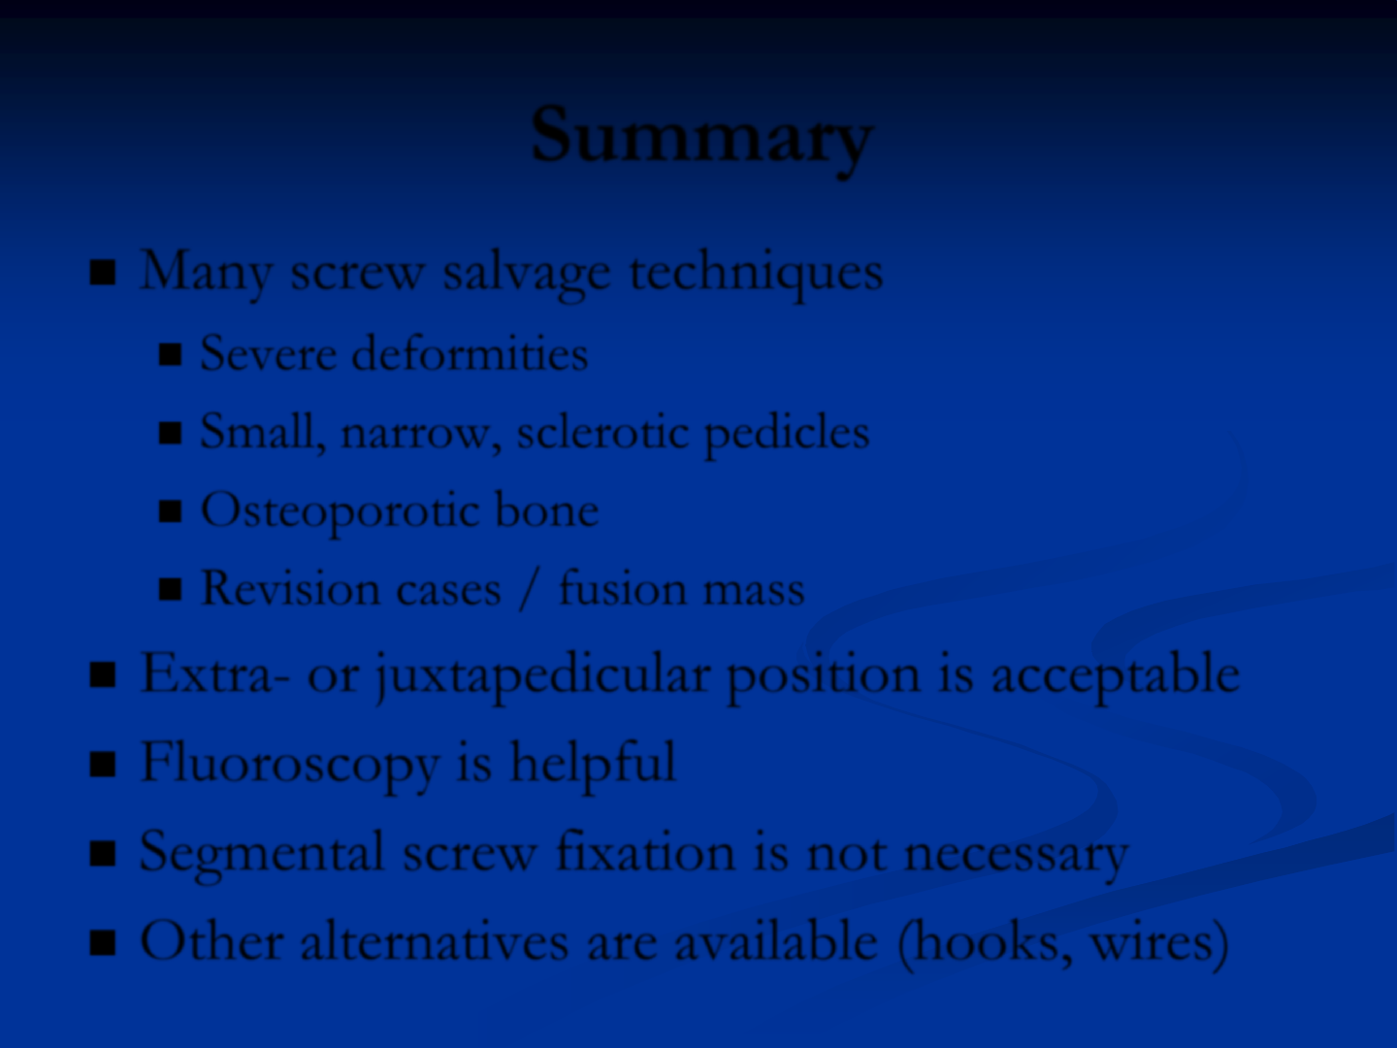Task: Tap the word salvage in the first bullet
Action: coord(527,274)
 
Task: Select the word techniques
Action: coord(756,274)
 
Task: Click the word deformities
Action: coord(470,353)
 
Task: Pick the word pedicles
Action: coord(787,433)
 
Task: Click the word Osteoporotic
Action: coord(340,511)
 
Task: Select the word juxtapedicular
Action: coord(543,675)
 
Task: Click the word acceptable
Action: coord(1115,675)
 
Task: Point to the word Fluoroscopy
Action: coord(289,765)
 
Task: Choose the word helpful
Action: coord(593,764)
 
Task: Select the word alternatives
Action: coord(435,941)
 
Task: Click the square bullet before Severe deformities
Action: coord(170,354)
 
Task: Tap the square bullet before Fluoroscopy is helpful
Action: coord(103,765)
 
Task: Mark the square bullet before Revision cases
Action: coord(170,590)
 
